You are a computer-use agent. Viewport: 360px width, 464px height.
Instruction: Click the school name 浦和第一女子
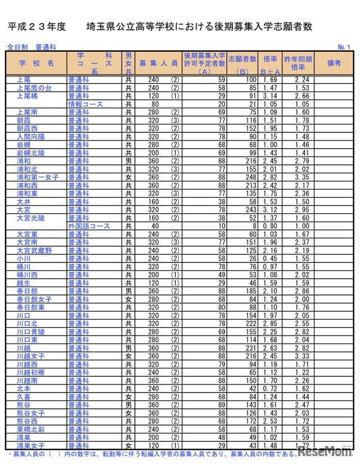35,177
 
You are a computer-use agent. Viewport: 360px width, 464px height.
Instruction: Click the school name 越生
24,283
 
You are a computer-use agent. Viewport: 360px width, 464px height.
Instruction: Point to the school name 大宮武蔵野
34,250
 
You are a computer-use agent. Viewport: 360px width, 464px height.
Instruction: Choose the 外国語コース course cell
86,226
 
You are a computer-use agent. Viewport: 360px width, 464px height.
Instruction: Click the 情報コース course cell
84,104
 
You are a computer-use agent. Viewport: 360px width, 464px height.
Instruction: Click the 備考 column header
334,63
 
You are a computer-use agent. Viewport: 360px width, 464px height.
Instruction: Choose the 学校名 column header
36,63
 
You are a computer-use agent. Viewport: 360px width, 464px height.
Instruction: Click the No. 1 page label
344,46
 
